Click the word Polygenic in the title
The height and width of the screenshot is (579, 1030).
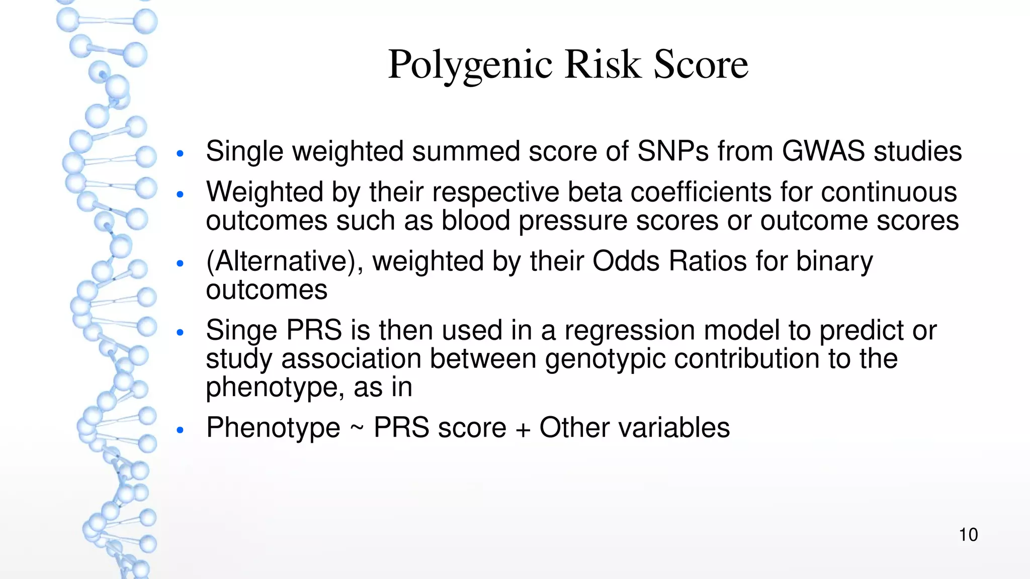470,65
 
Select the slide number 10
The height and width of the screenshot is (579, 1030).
968,535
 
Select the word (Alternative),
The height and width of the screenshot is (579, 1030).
285,261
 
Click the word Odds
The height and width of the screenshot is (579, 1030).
626,261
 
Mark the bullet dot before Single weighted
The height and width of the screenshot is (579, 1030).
181,153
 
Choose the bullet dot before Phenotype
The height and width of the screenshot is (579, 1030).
181,430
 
